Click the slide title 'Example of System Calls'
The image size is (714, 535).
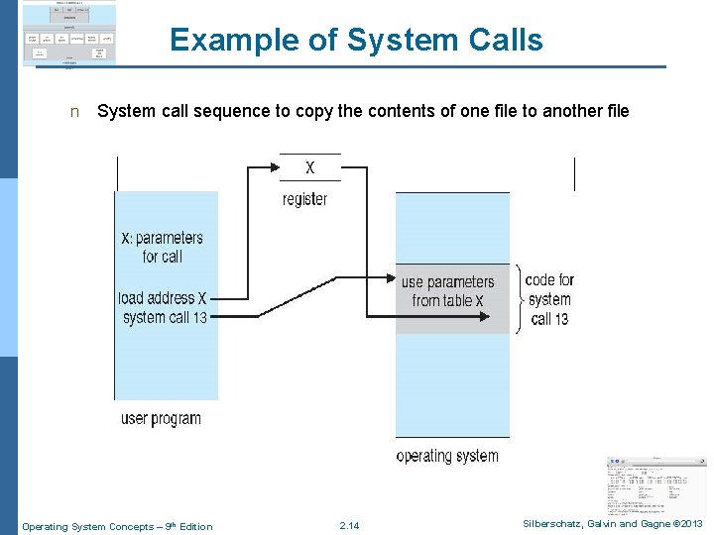(x=356, y=40)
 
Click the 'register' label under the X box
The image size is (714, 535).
(x=304, y=199)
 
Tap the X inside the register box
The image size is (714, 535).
(x=309, y=167)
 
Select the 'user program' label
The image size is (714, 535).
(x=161, y=418)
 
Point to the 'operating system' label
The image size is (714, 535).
(x=447, y=456)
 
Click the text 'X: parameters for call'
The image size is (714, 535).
(x=162, y=247)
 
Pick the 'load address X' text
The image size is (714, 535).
(x=162, y=297)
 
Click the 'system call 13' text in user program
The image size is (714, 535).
(x=165, y=317)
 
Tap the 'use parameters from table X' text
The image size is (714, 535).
(x=447, y=291)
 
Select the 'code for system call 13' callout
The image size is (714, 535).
(x=549, y=299)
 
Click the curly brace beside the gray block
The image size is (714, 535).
(x=518, y=298)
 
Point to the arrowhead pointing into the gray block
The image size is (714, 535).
(x=483, y=317)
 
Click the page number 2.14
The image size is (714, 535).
(x=349, y=526)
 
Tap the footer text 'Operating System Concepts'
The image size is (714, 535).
(x=83, y=526)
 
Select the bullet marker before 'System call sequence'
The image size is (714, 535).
(x=73, y=112)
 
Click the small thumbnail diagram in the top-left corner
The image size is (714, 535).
(x=68, y=34)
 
